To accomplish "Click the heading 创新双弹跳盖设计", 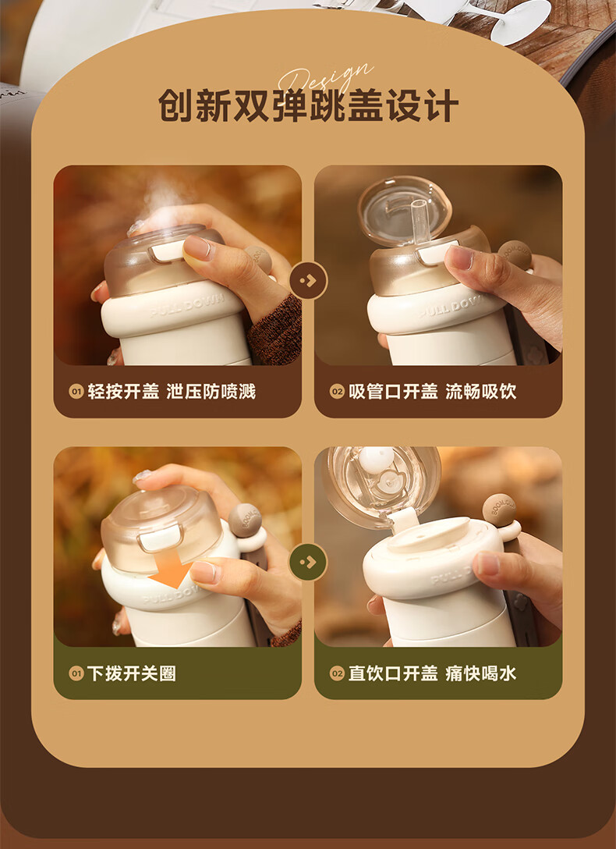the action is click(308, 105).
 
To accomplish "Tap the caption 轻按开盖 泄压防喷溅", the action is click(172, 392).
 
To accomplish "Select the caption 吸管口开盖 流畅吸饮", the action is click(432, 392).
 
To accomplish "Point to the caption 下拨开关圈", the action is click(132, 673).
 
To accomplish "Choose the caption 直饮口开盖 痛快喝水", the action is click(432, 673).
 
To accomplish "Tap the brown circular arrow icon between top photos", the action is click(308, 280).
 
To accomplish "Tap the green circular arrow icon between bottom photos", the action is click(308, 562).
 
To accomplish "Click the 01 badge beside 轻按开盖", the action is click(76, 392).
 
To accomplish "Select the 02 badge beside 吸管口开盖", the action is click(337, 392).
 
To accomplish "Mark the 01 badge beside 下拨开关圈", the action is click(76, 673).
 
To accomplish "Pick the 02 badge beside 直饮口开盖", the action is click(337, 673).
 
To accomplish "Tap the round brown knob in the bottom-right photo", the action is click(498, 510).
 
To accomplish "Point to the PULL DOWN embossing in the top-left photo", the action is click(187, 307).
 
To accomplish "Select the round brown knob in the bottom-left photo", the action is click(245, 520).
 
